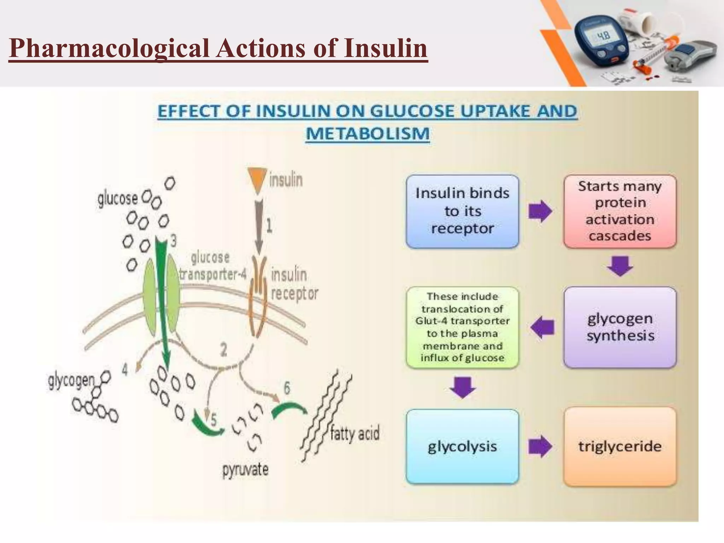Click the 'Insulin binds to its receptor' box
coord(462,211)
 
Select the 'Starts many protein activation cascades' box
coord(620,211)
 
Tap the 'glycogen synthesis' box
coord(620,327)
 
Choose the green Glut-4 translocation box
coord(462,327)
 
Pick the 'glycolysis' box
coord(462,446)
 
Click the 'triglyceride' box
coord(620,446)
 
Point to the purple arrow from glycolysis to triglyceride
coord(540,446)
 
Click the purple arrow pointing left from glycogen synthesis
coord(543,328)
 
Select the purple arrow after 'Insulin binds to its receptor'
coord(540,211)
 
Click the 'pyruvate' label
coord(245,469)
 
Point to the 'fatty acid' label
coord(355,433)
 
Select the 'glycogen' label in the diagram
coord(71,381)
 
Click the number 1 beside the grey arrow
coord(269,225)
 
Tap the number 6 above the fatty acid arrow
coord(287,388)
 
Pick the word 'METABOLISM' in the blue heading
coord(368,134)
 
